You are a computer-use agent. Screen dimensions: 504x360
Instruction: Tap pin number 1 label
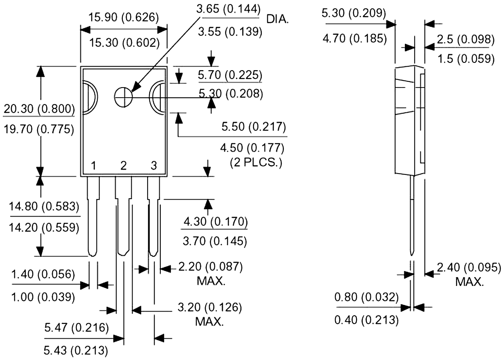(94, 166)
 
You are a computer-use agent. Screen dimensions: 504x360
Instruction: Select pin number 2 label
(123, 166)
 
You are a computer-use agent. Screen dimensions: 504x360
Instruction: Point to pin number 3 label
(154, 166)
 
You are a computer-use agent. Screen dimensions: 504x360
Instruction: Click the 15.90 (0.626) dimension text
(124, 17)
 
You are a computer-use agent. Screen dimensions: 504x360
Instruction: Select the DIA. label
(277, 19)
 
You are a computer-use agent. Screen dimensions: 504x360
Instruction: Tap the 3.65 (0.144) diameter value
(229, 9)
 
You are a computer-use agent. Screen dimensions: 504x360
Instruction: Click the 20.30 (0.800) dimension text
(39, 109)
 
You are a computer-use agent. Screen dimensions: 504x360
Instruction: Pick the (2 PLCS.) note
(256, 162)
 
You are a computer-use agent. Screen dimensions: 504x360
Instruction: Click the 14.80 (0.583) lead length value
(44, 206)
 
